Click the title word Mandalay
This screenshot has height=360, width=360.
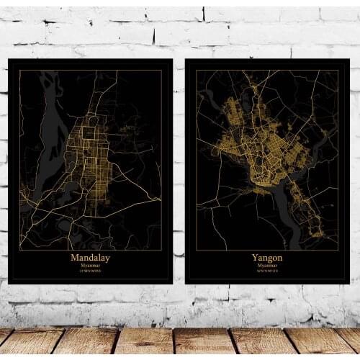point(91,257)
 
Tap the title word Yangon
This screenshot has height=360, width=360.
point(267,257)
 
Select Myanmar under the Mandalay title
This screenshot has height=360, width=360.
point(91,265)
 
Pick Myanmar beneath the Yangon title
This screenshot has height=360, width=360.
point(267,265)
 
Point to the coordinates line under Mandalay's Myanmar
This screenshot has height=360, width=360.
point(91,271)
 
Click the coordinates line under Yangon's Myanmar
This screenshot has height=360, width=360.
point(267,271)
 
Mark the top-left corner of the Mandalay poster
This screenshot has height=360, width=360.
point(9,60)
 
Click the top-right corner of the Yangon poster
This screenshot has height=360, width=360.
point(349,60)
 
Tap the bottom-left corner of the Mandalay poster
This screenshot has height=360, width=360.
point(9,283)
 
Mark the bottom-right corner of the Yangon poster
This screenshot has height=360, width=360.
point(349,283)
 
